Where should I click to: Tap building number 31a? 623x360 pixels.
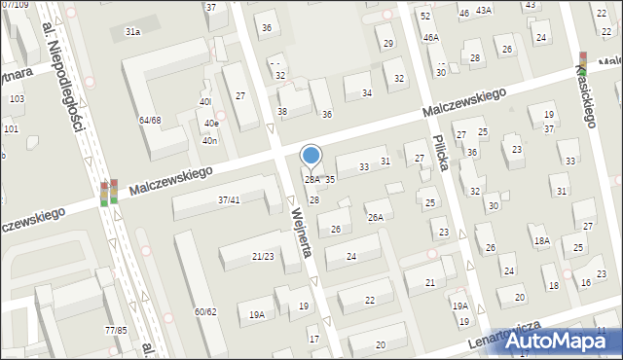(132, 32)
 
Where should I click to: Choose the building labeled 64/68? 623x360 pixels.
(150, 120)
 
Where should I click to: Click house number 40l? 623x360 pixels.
(204, 101)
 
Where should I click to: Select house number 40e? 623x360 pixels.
(211, 124)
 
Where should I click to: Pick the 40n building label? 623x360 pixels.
(209, 141)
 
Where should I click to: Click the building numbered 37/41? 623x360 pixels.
(230, 199)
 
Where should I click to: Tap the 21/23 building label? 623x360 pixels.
(263, 257)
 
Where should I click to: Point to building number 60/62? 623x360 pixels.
(205, 311)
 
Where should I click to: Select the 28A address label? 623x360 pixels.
(311, 180)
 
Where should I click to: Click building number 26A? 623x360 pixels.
(376, 218)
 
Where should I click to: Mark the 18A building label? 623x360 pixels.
(541, 240)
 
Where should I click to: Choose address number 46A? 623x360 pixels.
(430, 37)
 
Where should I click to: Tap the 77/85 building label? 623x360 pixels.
(116, 331)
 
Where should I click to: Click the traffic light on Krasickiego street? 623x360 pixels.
(582, 63)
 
